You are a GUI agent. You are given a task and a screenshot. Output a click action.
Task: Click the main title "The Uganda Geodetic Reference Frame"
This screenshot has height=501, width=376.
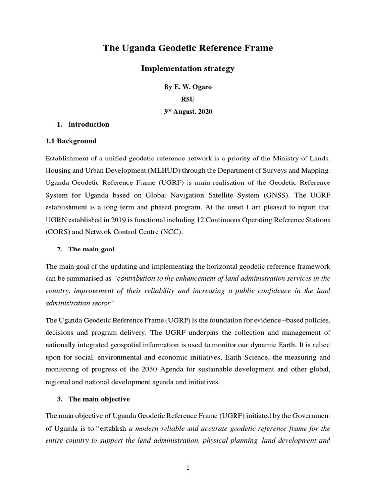(x=188, y=48)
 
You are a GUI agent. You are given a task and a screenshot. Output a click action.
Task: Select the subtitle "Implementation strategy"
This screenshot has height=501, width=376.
(x=188, y=68)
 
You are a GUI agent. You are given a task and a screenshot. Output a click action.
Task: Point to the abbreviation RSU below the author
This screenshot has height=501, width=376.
(x=188, y=100)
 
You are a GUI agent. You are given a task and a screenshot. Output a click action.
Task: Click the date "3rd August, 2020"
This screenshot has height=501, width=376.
(x=188, y=112)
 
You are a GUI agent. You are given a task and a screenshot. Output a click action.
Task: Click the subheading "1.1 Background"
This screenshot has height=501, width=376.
(x=71, y=141)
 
